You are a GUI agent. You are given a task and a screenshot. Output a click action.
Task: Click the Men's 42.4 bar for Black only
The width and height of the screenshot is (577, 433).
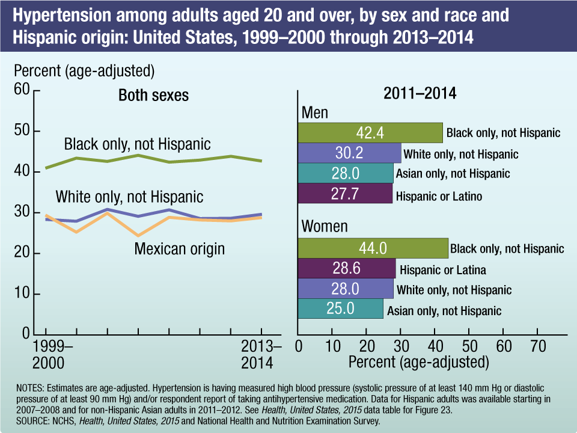pos(370,132)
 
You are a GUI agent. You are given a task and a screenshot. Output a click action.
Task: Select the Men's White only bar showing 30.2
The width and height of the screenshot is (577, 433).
pos(349,153)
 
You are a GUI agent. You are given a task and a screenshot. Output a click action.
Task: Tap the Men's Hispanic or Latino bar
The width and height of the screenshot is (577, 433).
pos(345,195)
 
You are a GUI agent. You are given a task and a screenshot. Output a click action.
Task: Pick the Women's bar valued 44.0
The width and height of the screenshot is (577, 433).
pos(373,248)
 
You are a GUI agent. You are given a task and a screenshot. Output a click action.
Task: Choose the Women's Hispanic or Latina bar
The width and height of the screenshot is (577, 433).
pos(347,269)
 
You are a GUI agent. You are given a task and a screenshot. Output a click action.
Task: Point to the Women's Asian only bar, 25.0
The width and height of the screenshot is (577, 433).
pos(340,310)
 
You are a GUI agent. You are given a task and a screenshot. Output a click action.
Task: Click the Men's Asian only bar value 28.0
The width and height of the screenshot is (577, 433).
pos(346,174)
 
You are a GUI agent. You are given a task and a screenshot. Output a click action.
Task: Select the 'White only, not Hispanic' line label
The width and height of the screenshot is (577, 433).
pos(129,197)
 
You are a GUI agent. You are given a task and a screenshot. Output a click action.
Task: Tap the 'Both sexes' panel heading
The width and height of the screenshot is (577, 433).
pos(153,95)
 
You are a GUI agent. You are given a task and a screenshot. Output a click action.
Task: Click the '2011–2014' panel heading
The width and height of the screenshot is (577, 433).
pos(420,94)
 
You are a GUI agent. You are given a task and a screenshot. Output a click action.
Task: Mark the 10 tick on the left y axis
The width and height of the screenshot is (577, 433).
pos(22,294)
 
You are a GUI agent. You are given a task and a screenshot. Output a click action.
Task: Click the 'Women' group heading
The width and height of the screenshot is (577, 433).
pos(325,226)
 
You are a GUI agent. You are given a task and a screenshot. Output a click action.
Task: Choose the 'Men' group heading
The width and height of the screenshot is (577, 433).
pos(314,113)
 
